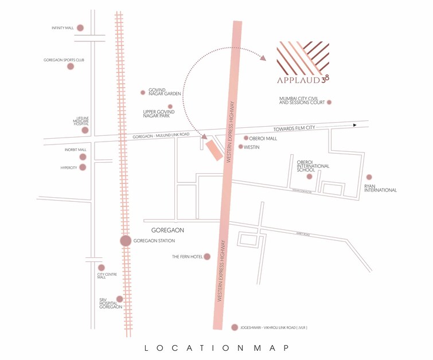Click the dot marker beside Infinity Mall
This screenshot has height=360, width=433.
80,28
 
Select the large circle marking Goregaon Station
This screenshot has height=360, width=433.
126,241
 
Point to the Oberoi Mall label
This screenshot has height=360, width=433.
263,138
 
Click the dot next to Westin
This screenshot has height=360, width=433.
241,147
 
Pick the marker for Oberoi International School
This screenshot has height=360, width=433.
310,177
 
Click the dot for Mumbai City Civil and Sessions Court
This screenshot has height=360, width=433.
329,103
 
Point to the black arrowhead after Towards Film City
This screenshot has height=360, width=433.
356,125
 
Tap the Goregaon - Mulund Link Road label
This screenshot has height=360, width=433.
161,135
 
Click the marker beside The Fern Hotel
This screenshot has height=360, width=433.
207,257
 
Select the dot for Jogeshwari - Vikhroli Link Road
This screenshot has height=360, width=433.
234,327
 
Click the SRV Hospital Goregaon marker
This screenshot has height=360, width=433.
119,299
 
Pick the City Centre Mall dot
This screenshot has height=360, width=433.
102,267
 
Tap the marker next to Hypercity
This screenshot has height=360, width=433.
83,167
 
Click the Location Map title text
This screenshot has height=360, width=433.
216,347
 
